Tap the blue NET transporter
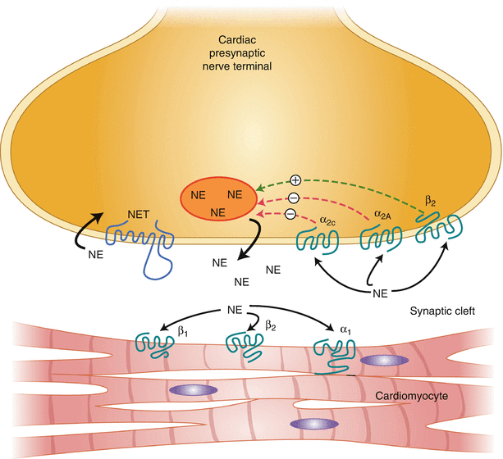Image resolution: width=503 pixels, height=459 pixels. click(141, 247)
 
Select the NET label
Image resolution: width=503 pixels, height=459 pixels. click(137, 216)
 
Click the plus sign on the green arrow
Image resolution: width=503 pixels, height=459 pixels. click(296, 180)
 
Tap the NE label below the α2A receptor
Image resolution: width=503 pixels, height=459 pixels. click(378, 293)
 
